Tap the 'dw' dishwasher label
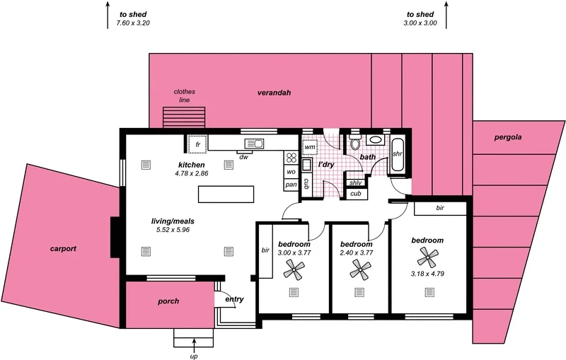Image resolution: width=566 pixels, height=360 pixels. coord(244,156)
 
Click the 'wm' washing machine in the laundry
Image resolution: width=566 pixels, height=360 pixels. coord(310,147)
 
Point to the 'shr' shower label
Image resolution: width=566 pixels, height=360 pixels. coord(397,153)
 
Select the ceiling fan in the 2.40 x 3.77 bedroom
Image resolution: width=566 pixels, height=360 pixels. coord(362,268)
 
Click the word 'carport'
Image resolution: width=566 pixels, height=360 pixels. coord(63,249)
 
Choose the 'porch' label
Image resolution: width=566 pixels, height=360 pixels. coord(168,301)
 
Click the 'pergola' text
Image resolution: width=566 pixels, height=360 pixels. coord(507,137)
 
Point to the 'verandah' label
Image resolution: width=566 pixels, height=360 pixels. coord(274,93)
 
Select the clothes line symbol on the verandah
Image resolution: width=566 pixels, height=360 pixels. coord(184,117)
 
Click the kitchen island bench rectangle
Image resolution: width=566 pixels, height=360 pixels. coord(226,194)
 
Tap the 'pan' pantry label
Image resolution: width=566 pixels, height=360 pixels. coord(291,185)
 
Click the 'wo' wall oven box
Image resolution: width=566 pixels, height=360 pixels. coord(291,172)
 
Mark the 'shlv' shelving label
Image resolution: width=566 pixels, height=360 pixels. coord(356,182)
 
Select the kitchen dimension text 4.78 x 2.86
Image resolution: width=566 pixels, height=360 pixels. coord(192,173)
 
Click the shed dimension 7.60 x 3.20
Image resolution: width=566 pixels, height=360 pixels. coord(133,23)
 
